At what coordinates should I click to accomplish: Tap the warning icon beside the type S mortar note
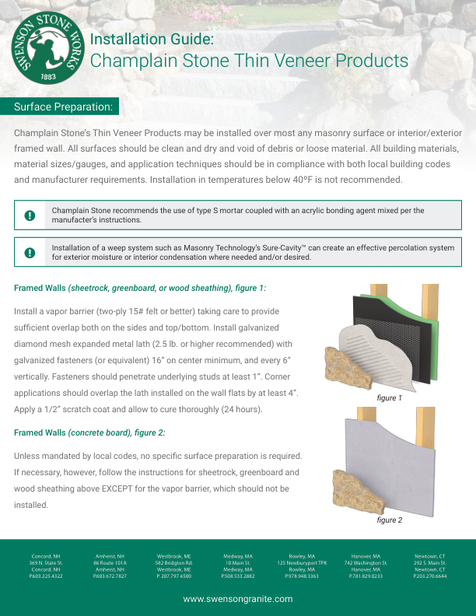pyautogui.click(x=30, y=215)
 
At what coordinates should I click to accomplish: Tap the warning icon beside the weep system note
pyautogui.click(x=30, y=253)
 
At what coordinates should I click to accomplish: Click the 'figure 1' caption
pyautogui.click(x=389, y=397)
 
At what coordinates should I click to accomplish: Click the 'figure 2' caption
pyautogui.click(x=389, y=520)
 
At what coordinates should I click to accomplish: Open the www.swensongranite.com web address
pyautogui.click(x=238, y=599)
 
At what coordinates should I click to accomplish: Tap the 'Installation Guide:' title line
pyautogui.click(x=152, y=39)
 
